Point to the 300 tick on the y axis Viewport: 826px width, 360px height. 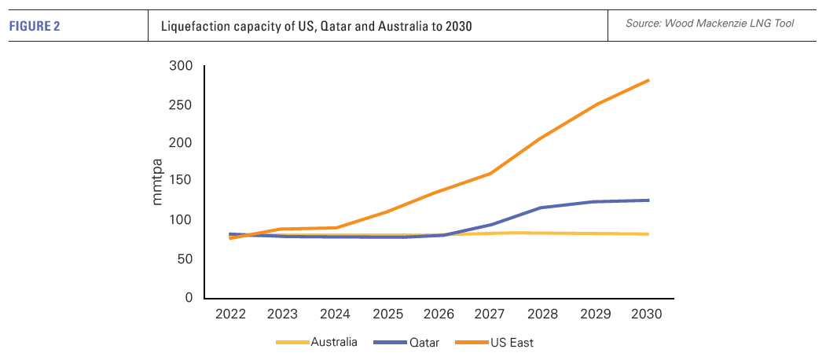point(182,66)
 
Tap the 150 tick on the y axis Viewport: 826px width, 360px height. point(182,182)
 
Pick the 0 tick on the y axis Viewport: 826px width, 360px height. point(189,298)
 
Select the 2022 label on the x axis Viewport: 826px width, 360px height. point(230,314)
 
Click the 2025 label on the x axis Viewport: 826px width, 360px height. point(387,314)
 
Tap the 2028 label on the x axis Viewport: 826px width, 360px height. point(542,314)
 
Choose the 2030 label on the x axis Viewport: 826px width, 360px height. point(647,314)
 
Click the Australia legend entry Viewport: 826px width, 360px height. point(333,342)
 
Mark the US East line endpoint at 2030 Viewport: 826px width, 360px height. point(648,80)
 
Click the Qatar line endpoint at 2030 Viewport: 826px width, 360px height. point(648,200)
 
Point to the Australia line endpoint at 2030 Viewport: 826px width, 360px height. point(648,234)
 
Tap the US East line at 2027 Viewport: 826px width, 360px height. point(491,173)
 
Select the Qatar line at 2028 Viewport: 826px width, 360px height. point(543,208)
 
